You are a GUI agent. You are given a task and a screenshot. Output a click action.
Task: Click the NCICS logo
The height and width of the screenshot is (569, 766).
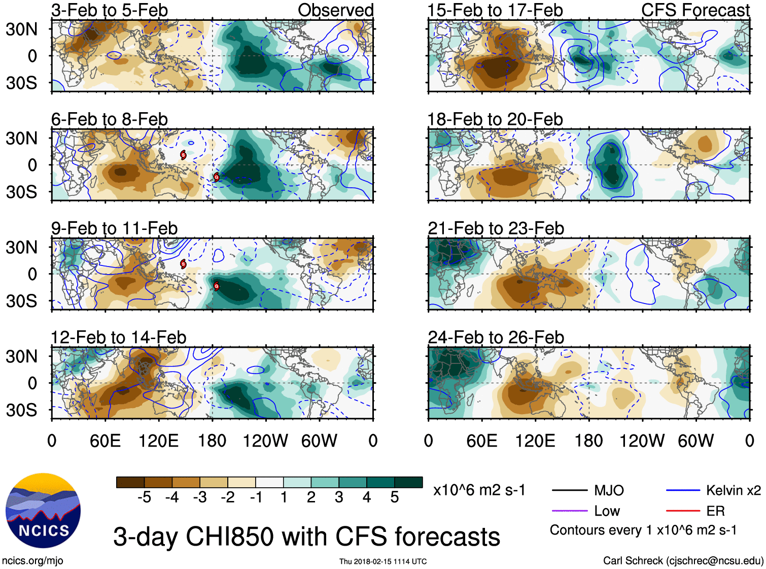(43, 510)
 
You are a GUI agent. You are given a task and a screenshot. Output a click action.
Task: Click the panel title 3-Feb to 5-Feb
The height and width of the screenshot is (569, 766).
(110, 10)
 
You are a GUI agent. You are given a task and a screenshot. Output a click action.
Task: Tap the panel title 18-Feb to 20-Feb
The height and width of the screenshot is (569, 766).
(495, 119)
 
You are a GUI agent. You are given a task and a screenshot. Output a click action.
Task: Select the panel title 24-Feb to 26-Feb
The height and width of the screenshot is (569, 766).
(496, 338)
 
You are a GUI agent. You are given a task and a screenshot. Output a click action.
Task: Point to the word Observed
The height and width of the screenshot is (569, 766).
(335, 10)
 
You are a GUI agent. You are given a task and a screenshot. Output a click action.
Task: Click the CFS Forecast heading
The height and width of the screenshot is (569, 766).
(695, 10)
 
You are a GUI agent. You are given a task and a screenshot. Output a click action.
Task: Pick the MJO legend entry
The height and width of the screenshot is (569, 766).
(609, 490)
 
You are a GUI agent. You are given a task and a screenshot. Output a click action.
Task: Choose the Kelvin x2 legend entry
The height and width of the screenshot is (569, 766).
(733, 490)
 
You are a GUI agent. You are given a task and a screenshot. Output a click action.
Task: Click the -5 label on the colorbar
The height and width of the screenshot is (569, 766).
(144, 497)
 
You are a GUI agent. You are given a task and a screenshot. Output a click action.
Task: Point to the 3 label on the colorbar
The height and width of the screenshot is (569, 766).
(339, 497)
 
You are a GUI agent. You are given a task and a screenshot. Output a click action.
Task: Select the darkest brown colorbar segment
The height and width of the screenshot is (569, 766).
(130, 482)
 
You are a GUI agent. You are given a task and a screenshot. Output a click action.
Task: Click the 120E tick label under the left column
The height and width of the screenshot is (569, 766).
(158, 441)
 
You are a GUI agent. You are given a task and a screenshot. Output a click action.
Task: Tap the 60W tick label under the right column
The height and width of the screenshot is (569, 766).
(695, 441)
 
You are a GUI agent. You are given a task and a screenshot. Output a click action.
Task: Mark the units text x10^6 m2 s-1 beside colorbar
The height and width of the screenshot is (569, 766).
(479, 490)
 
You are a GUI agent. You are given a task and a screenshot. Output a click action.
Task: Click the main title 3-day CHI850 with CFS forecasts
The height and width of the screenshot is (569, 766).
(306, 537)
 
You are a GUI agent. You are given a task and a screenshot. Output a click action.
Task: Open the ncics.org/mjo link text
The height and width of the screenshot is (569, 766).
(32, 561)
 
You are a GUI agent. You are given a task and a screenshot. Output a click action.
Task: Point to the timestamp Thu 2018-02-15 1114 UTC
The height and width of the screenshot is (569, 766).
(383, 561)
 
